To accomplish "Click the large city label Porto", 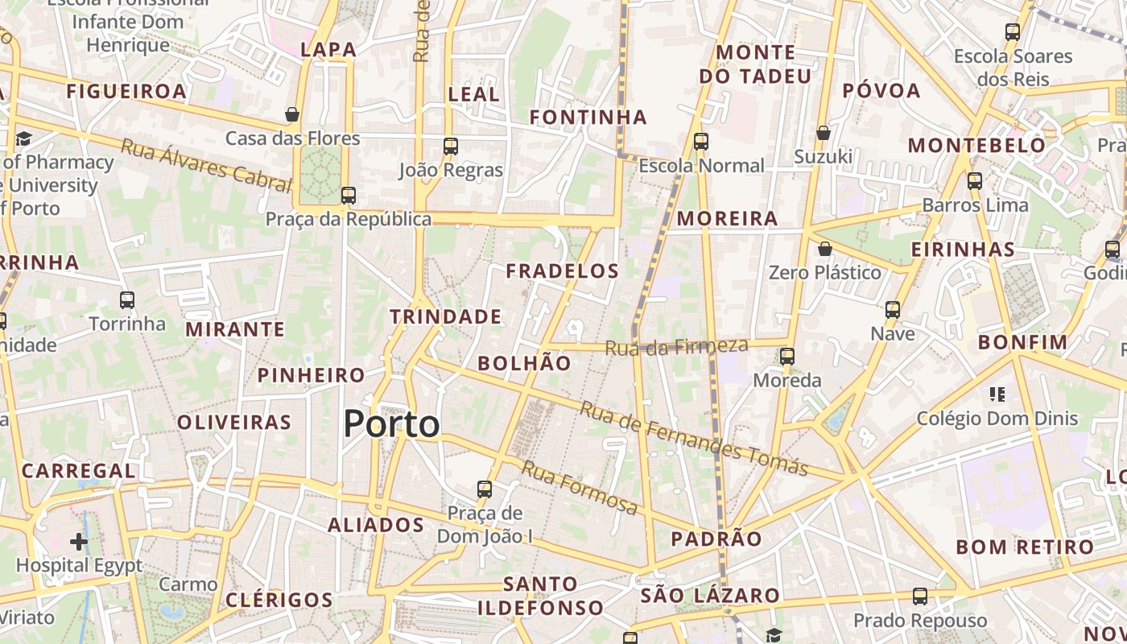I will point(392,424).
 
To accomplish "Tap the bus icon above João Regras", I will point(451,147).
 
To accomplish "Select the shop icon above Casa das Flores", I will point(292,114).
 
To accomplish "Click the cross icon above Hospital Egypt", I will point(78,542).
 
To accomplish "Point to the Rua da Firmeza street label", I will point(676,347).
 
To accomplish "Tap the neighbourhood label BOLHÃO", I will point(524,363).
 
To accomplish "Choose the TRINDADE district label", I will point(446,316).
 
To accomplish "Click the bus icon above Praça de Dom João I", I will point(485,489).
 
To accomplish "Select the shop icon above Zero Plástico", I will point(824,249).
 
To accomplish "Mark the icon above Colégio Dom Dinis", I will point(997,394).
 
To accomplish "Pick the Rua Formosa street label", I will point(580,488).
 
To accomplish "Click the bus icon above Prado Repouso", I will point(920,597).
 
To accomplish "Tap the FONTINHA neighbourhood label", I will point(588,118).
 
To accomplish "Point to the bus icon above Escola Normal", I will point(701,142).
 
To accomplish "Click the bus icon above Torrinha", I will point(127,300).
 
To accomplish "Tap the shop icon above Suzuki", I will point(823,133).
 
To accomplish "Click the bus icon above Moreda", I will point(787,356).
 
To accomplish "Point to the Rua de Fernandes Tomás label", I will point(694,439).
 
